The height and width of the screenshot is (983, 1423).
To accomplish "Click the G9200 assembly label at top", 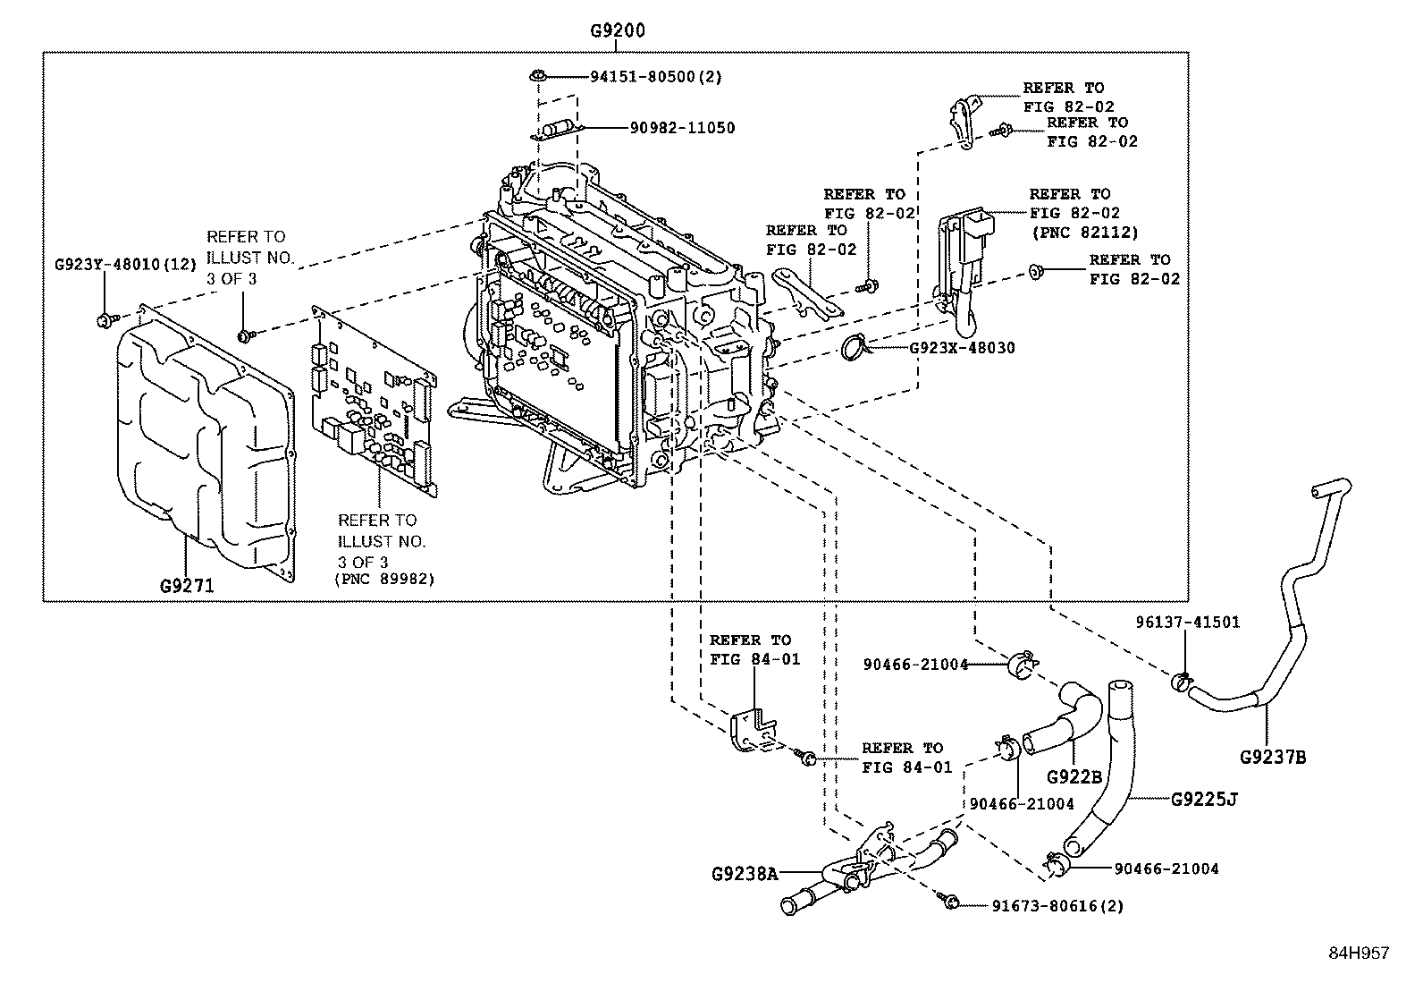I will click(617, 30).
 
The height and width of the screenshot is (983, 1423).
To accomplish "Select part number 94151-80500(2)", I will click(655, 77).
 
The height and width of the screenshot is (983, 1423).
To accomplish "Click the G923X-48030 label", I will click(962, 347).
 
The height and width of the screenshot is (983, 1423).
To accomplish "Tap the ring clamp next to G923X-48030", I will click(856, 347).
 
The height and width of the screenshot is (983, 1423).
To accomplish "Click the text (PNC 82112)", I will click(1084, 233).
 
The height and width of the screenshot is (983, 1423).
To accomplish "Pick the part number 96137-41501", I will click(1187, 622).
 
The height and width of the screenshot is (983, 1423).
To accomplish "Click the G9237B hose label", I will click(1273, 758).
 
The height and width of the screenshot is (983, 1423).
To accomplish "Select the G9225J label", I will click(1204, 798).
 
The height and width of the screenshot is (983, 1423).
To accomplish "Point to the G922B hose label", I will click(1073, 776).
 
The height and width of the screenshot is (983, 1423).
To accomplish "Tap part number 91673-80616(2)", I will click(1057, 905).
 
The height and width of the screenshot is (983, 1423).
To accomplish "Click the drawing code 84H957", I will click(1358, 953).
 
